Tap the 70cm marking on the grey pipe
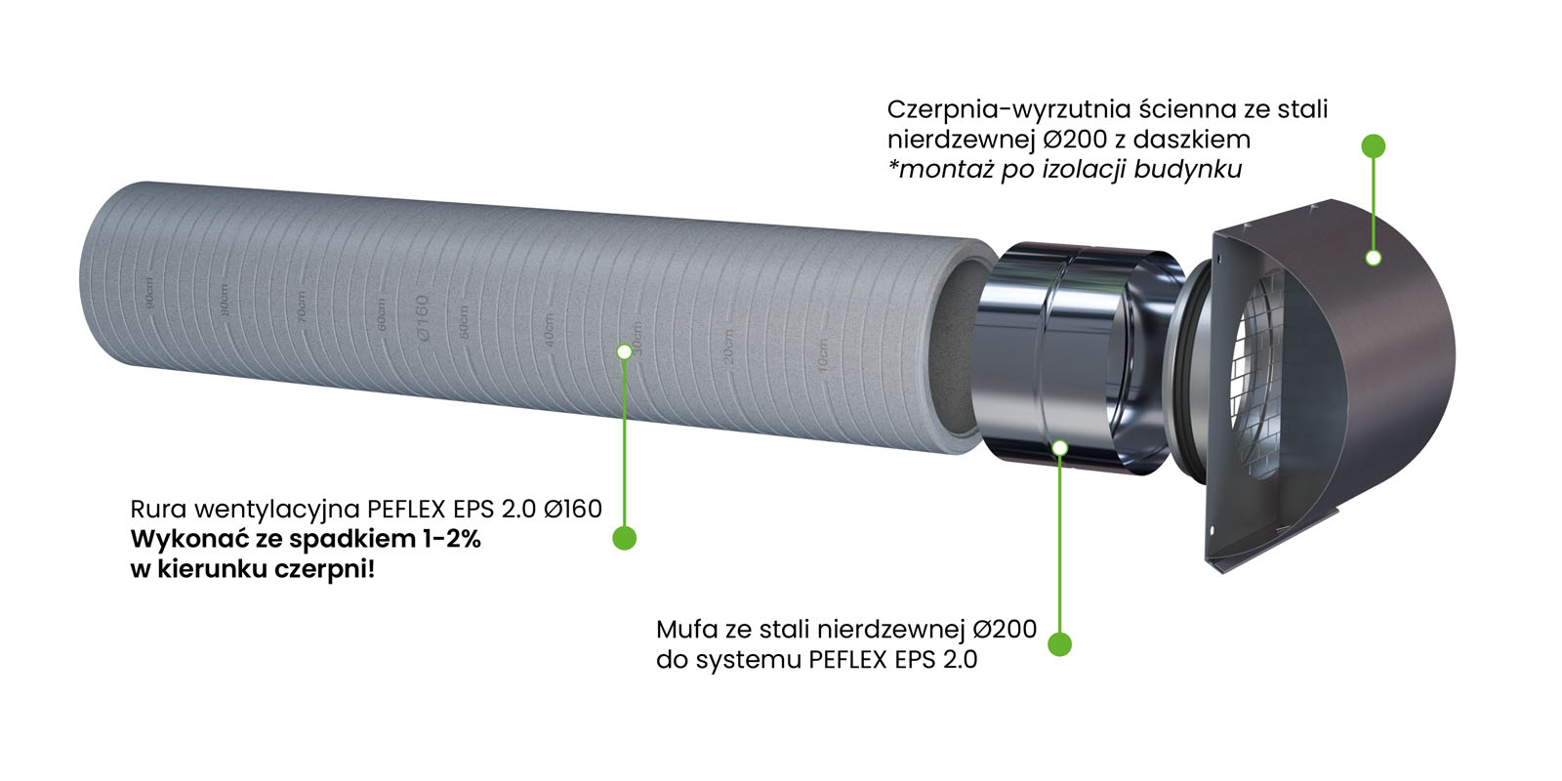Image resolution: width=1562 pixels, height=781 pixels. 302,308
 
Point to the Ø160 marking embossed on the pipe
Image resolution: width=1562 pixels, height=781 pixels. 423,317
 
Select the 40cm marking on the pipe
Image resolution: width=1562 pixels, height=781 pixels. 550,331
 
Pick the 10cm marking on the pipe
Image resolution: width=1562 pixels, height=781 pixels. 822,354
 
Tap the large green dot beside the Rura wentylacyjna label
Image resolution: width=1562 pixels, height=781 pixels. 624,538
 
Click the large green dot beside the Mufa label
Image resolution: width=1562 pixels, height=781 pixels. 1059,644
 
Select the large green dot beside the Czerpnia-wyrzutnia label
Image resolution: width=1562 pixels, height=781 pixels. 1374,146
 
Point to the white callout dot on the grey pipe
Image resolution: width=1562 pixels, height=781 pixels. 624,350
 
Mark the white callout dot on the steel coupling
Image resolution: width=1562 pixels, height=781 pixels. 1060,447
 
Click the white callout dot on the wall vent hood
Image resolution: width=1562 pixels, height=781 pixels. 1374,258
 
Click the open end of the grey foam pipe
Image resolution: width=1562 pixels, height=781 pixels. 962,347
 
